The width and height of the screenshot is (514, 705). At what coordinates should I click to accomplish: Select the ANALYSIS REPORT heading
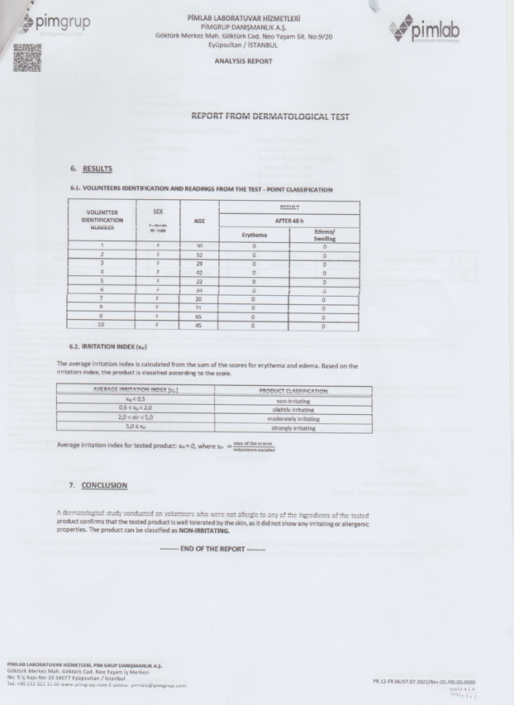click(242, 61)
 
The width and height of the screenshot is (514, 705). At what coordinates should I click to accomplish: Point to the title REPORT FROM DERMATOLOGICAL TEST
click(269, 117)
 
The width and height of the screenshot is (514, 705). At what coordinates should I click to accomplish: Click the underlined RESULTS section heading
click(97, 169)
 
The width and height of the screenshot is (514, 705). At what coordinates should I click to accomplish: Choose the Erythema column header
click(254, 234)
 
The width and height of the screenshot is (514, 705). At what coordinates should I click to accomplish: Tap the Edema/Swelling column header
click(324, 234)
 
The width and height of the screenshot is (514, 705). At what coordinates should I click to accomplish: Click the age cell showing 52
click(198, 255)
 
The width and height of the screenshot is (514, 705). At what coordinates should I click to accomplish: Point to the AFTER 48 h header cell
click(288, 220)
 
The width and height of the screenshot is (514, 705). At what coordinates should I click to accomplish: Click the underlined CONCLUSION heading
click(103, 485)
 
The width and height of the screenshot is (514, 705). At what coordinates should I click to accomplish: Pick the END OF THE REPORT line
click(213, 549)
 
